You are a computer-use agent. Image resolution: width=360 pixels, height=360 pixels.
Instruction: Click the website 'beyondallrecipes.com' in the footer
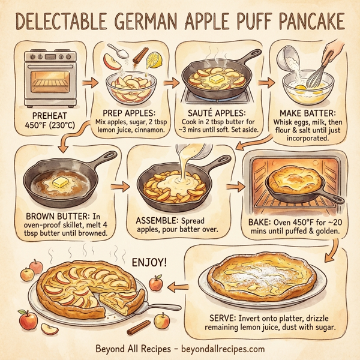(x=221, y=348)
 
